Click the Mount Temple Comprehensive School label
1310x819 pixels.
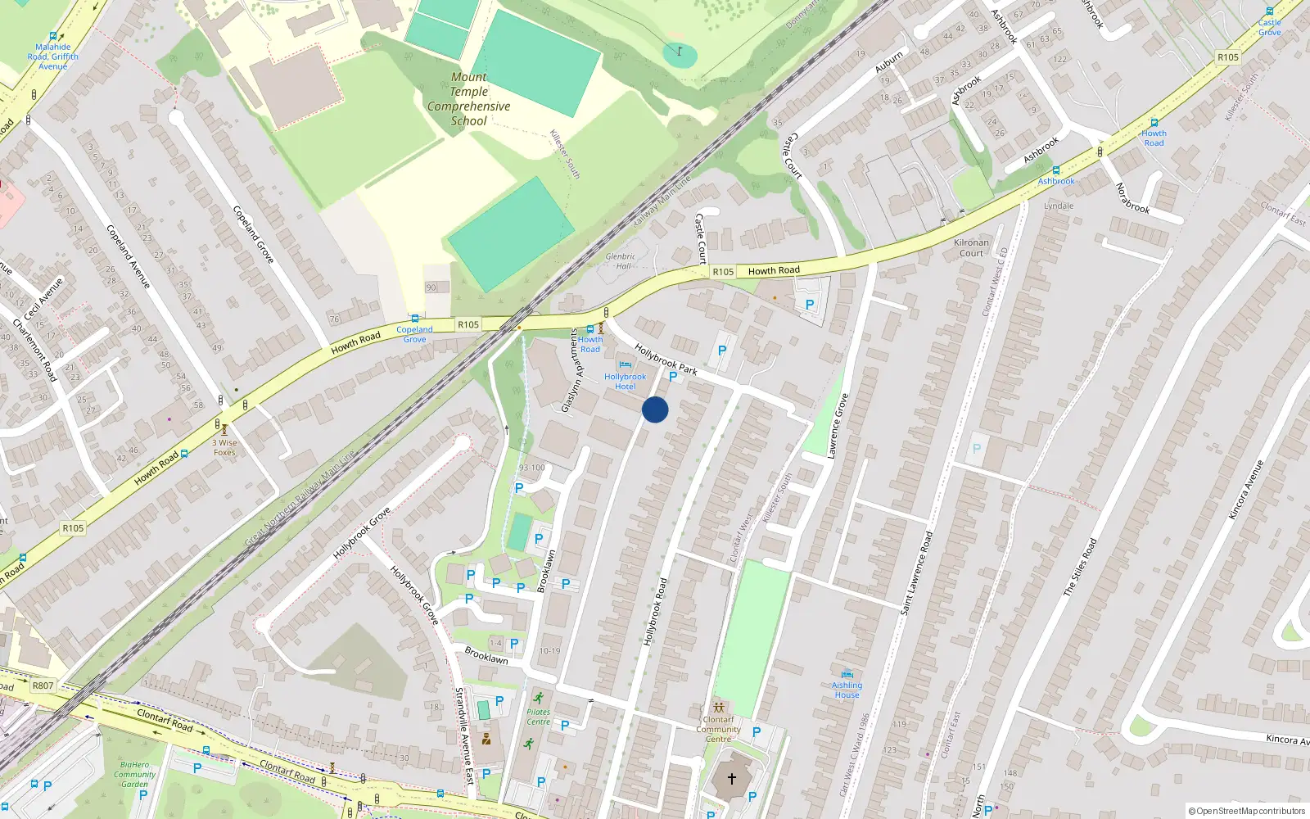pyautogui.click(x=468, y=99)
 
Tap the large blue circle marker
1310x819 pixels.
pyautogui.click(x=655, y=409)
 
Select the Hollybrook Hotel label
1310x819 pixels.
pyautogui.click(x=625, y=381)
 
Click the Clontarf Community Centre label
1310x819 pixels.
pyautogui.click(x=718, y=729)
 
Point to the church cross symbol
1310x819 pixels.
pyautogui.click(x=732, y=778)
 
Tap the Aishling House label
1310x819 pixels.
pyautogui.click(x=847, y=690)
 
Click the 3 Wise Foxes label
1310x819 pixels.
pyautogui.click(x=224, y=447)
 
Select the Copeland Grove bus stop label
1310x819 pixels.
pyautogui.click(x=414, y=334)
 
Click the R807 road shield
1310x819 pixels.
pyautogui.click(x=43, y=686)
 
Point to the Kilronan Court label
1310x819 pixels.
pyautogui.click(x=971, y=247)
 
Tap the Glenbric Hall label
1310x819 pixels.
pyautogui.click(x=621, y=260)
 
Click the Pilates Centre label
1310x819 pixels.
pyautogui.click(x=538, y=717)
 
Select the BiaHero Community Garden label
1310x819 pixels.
pyautogui.click(x=134, y=774)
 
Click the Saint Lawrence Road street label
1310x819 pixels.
pyautogui.click(x=916, y=573)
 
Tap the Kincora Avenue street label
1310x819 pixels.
pyautogui.click(x=1245, y=490)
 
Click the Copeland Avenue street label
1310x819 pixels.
pyautogui.click(x=129, y=256)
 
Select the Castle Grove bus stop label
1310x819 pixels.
pyautogui.click(x=1269, y=27)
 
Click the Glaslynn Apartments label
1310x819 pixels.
pyautogui.click(x=571, y=371)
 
